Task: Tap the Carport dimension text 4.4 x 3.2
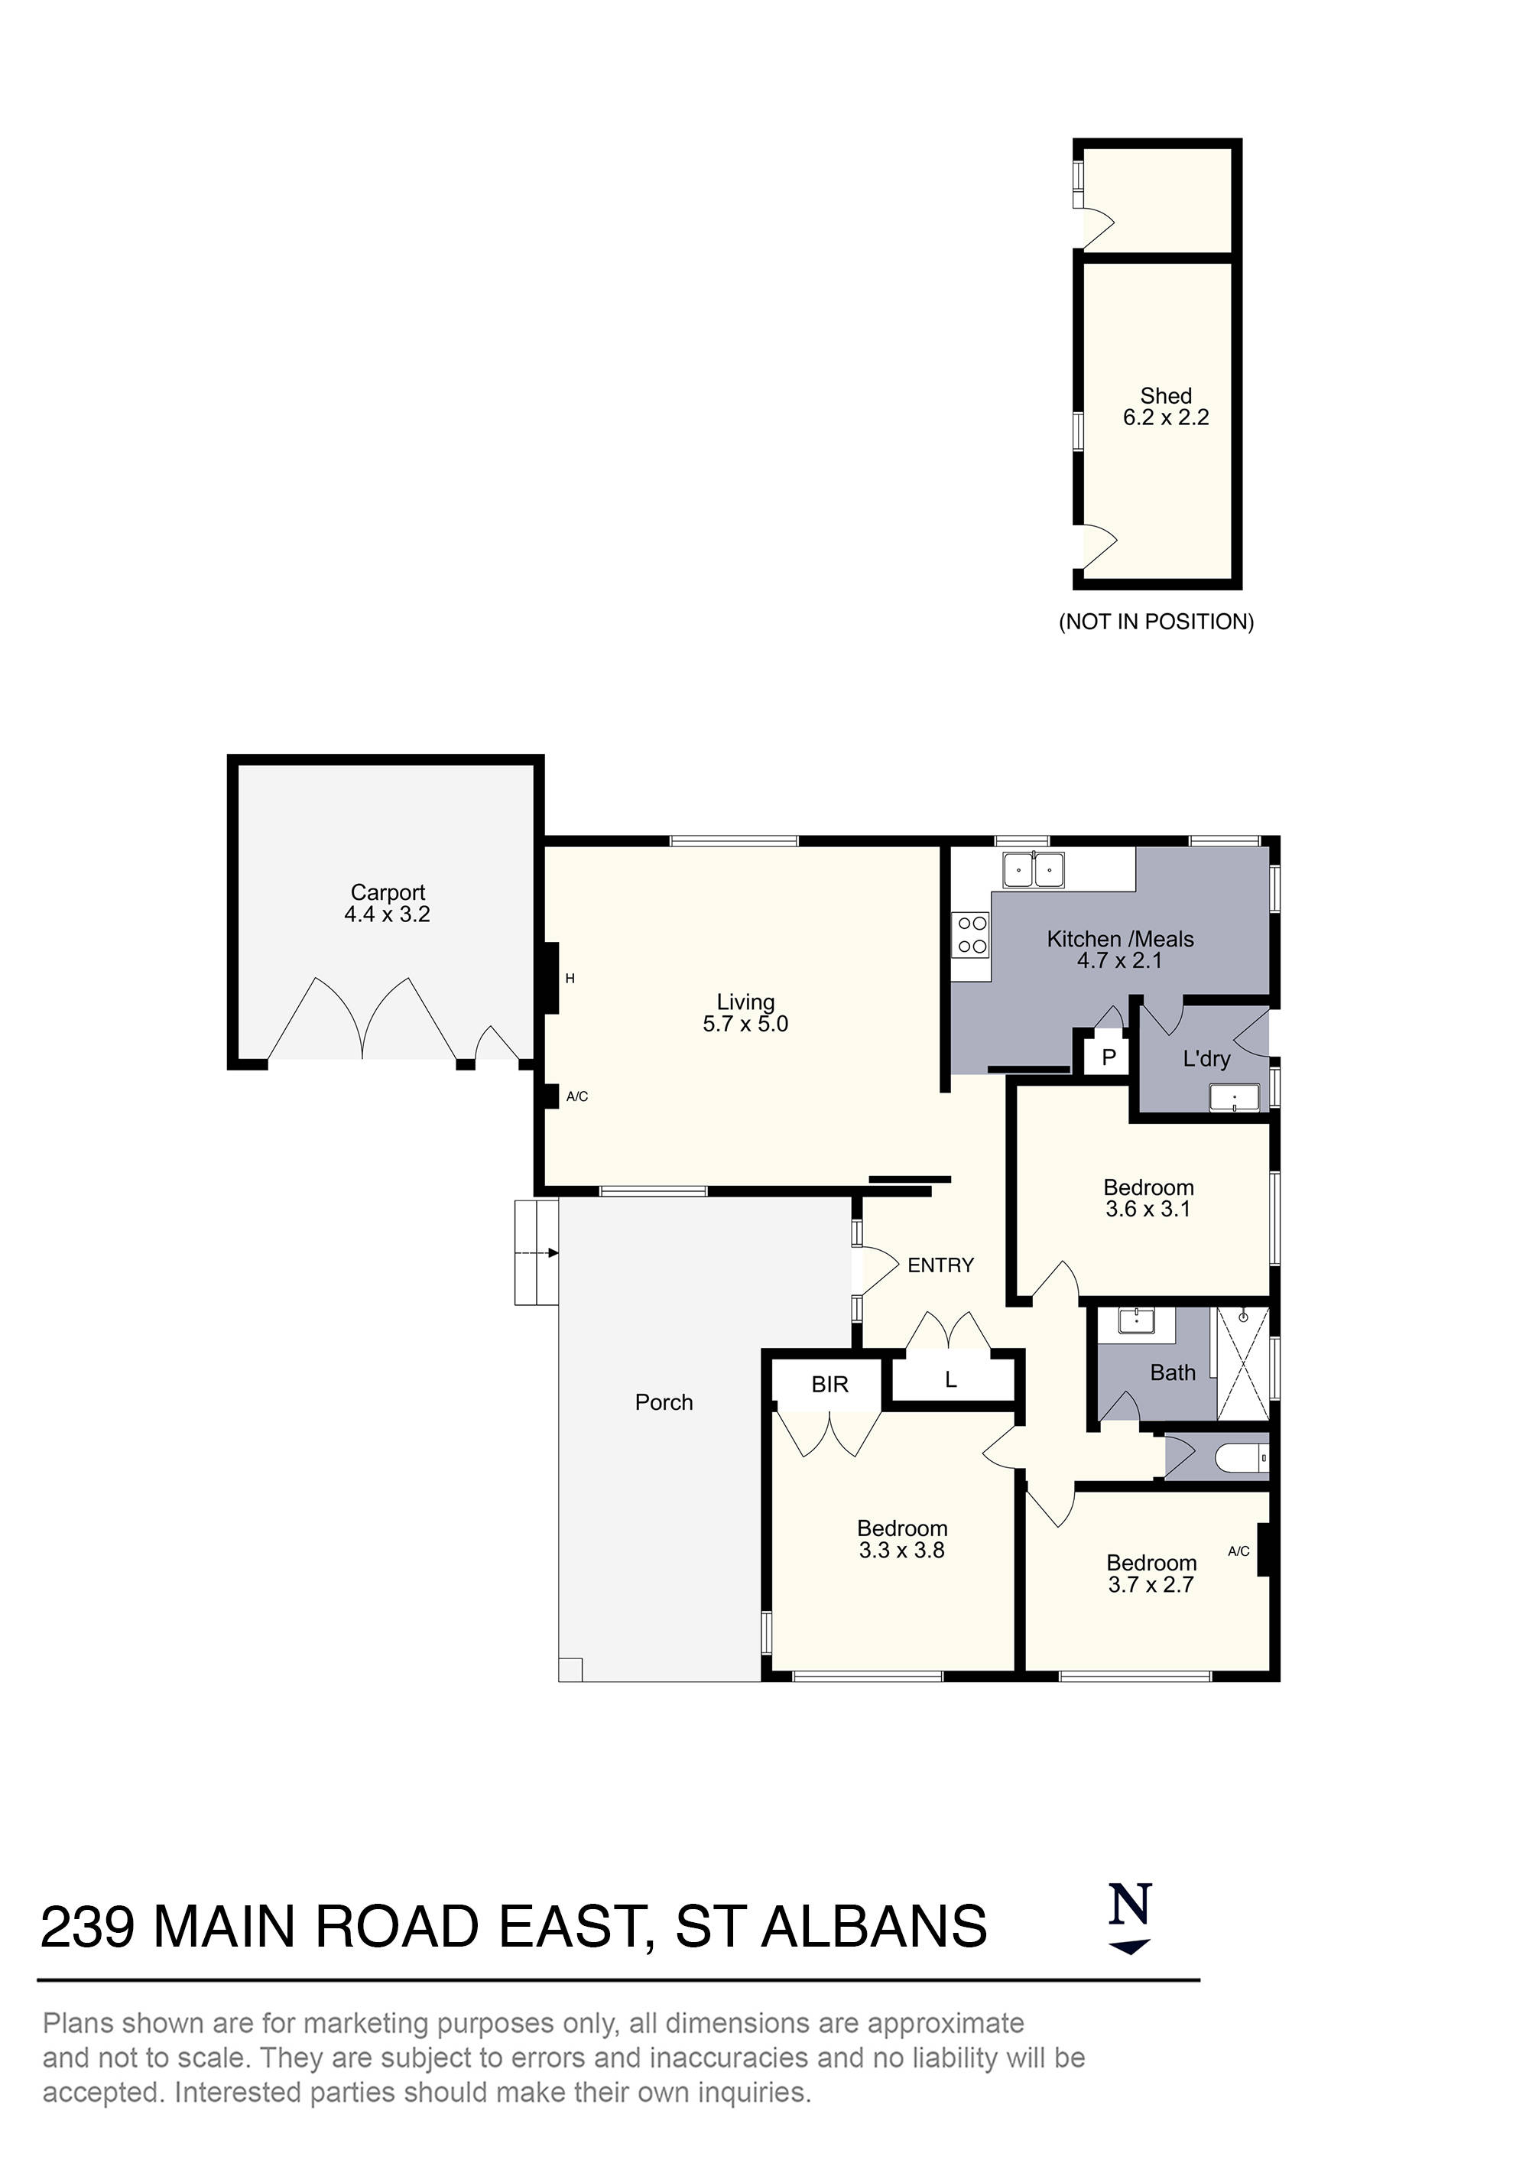pyautogui.click(x=387, y=914)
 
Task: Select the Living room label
pyautogui.click(x=745, y=1002)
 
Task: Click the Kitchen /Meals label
pyautogui.click(x=1120, y=939)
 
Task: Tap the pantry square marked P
pyautogui.click(x=1109, y=1057)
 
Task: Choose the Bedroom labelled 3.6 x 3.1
pyautogui.click(x=1148, y=1198)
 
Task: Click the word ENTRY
pyautogui.click(x=940, y=1265)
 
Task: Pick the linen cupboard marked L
pyautogui.click(x=950, y=1380)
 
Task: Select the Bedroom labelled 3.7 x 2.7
pyautogui.click(x=1151, y=1574)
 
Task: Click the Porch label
pyautogui.click(x=664, y=1401)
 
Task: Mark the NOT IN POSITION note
pyautogui.click(x=1157, y=622)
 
